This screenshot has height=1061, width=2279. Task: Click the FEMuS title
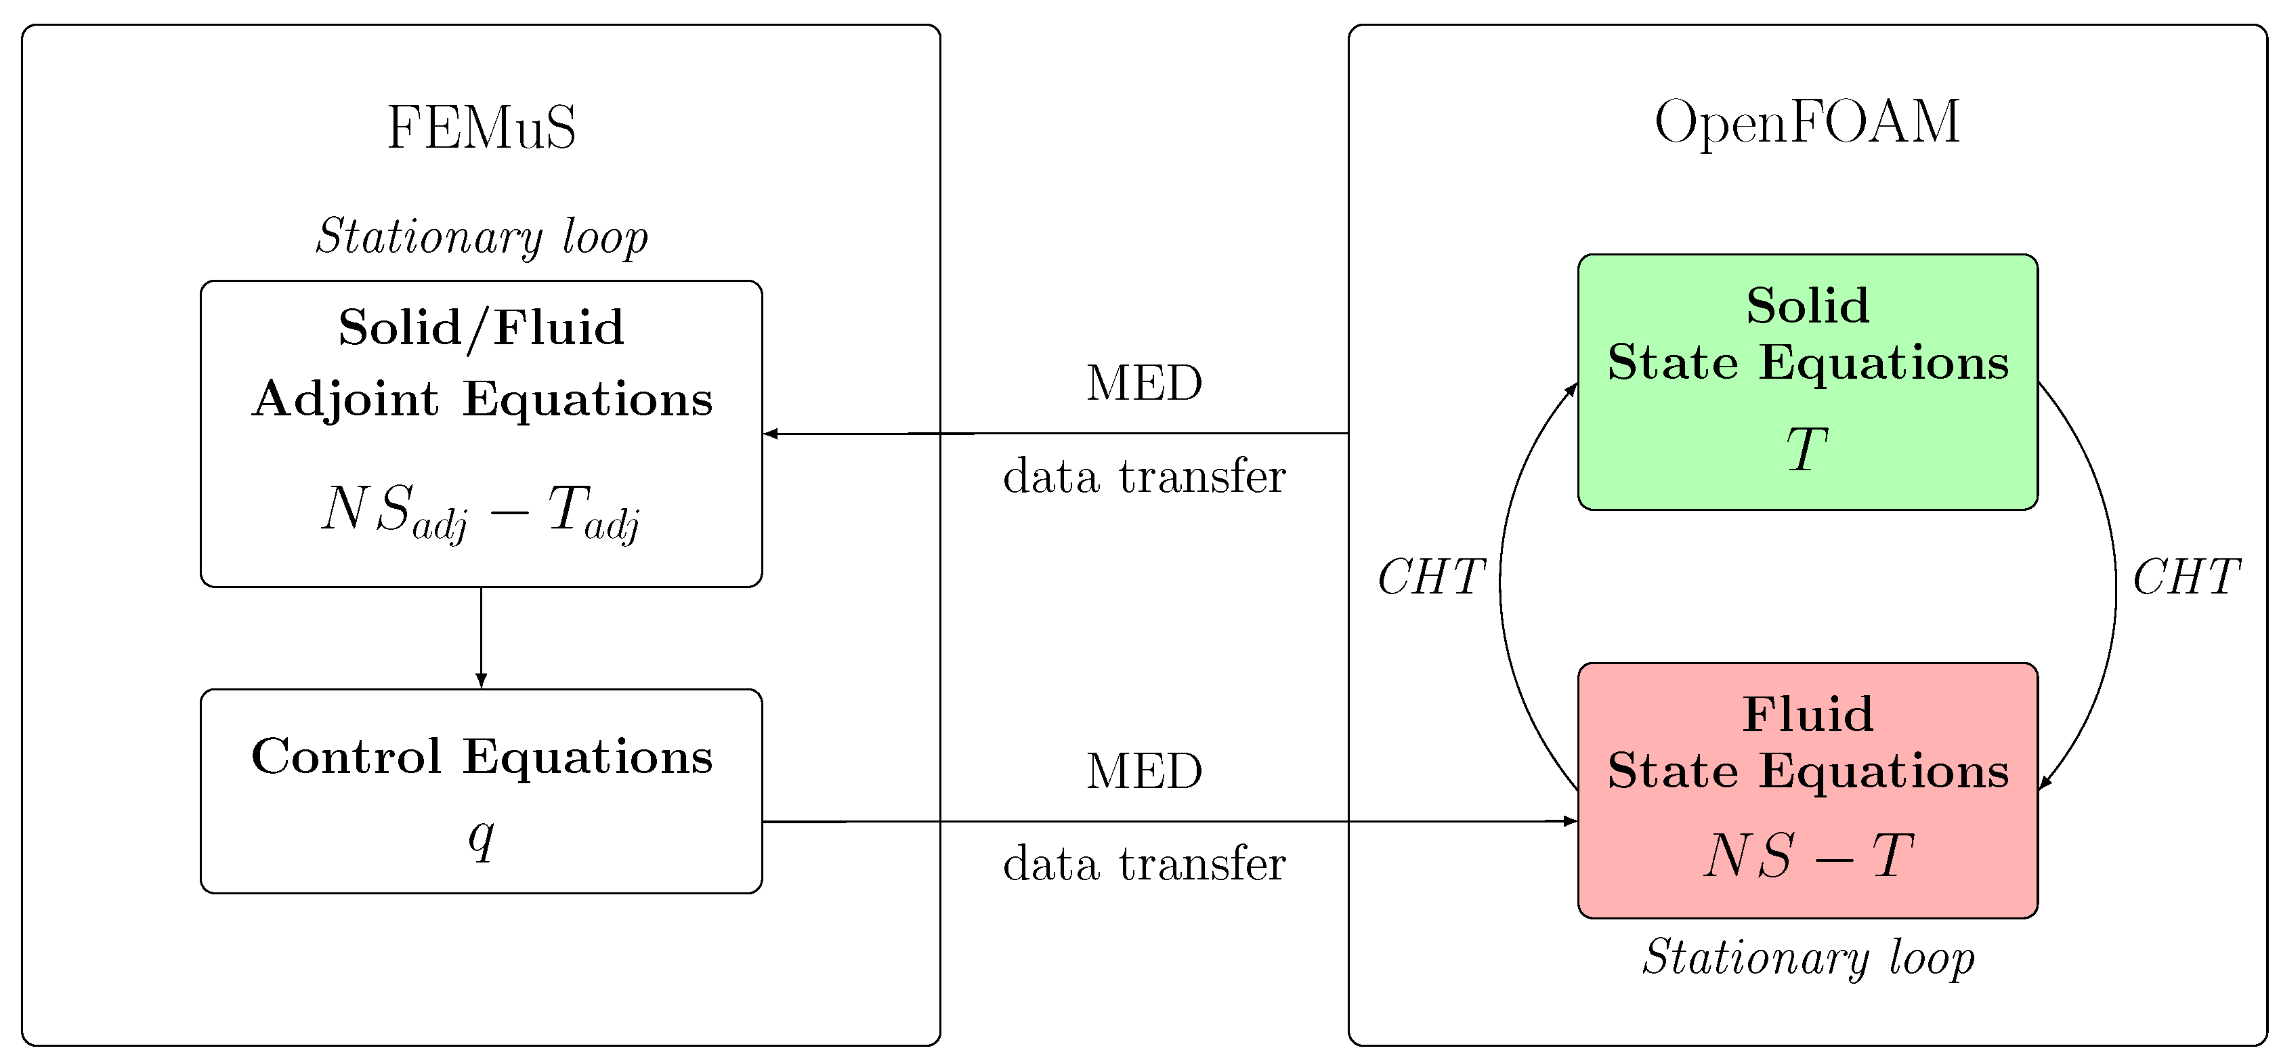coord(482,128)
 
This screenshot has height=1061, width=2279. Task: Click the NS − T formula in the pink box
coord(1808,856)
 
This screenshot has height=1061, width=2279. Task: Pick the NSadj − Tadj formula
coord(482,512)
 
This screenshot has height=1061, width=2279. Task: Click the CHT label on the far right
coord(2186,578)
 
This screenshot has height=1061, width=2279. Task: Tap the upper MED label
coord(1144,384)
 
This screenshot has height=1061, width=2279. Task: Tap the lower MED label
coord(1144,772)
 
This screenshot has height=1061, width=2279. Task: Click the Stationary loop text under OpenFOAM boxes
coord(1808,957)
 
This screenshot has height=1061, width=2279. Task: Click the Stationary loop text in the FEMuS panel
coord(482,237)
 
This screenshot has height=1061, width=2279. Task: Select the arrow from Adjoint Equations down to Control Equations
coord(482,637)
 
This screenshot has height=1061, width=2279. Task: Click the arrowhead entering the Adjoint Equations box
coord(771,434)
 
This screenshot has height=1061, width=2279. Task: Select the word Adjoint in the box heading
coord(345,399)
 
